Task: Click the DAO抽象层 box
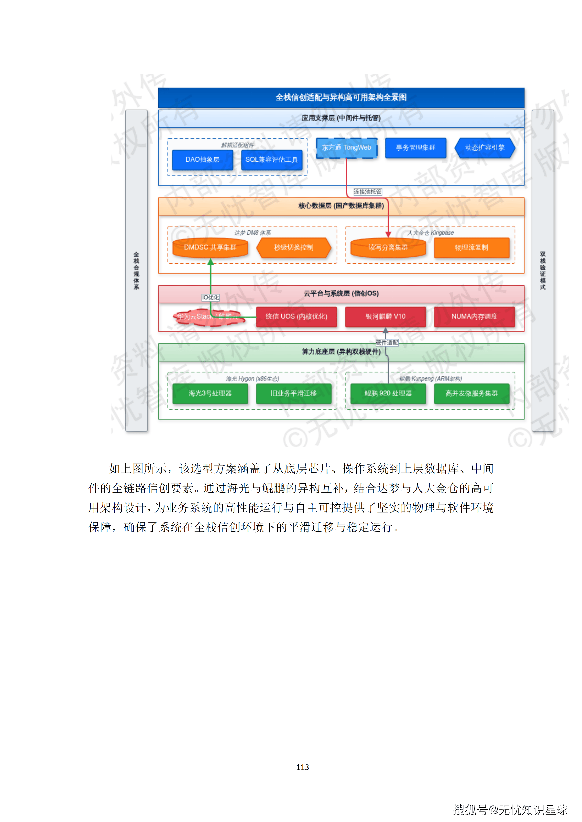[x=202, y=160]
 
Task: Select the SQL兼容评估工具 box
[x=272, y=160]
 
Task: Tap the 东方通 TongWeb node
[x=347, y=147]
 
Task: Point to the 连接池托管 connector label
[x=368, y=192]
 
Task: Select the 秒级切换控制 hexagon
[x=294, y=247]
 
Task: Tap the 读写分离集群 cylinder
[x=388, y=247]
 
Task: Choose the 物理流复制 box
[x=471, y=247]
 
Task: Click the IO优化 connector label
[x=210, y=298]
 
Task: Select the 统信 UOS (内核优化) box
[x=296, y=316]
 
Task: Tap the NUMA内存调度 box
[x=474, y=316]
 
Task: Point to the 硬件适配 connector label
[x=387, y=343]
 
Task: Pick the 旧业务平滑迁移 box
[x=294, y=394]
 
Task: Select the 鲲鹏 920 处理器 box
[x=388, y=394]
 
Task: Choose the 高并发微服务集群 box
[x=471, y=394]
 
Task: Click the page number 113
[x=302, y=767]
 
